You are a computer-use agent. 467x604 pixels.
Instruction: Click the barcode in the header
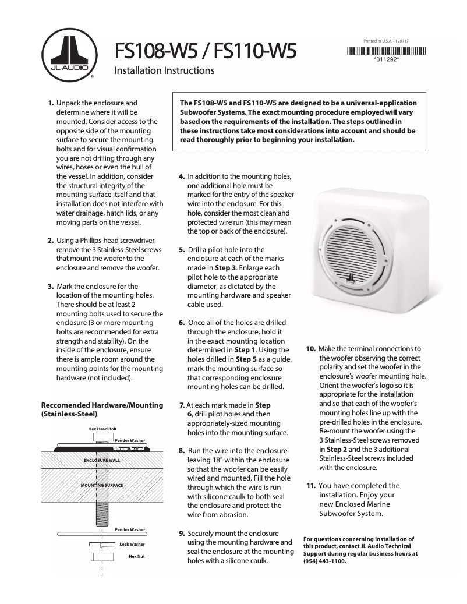387,50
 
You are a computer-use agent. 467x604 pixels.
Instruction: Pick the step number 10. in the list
311,349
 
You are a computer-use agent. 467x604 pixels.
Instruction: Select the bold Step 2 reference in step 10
338,450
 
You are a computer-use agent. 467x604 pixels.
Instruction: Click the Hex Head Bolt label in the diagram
102,429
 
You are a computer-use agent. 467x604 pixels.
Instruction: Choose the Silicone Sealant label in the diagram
128,449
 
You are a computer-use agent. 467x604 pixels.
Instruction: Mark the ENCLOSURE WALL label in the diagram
102,460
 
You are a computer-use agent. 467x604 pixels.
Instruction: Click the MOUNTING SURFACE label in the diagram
102,485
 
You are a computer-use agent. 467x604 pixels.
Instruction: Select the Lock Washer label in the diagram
132,544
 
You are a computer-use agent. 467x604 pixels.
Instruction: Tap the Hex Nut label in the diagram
136,557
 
